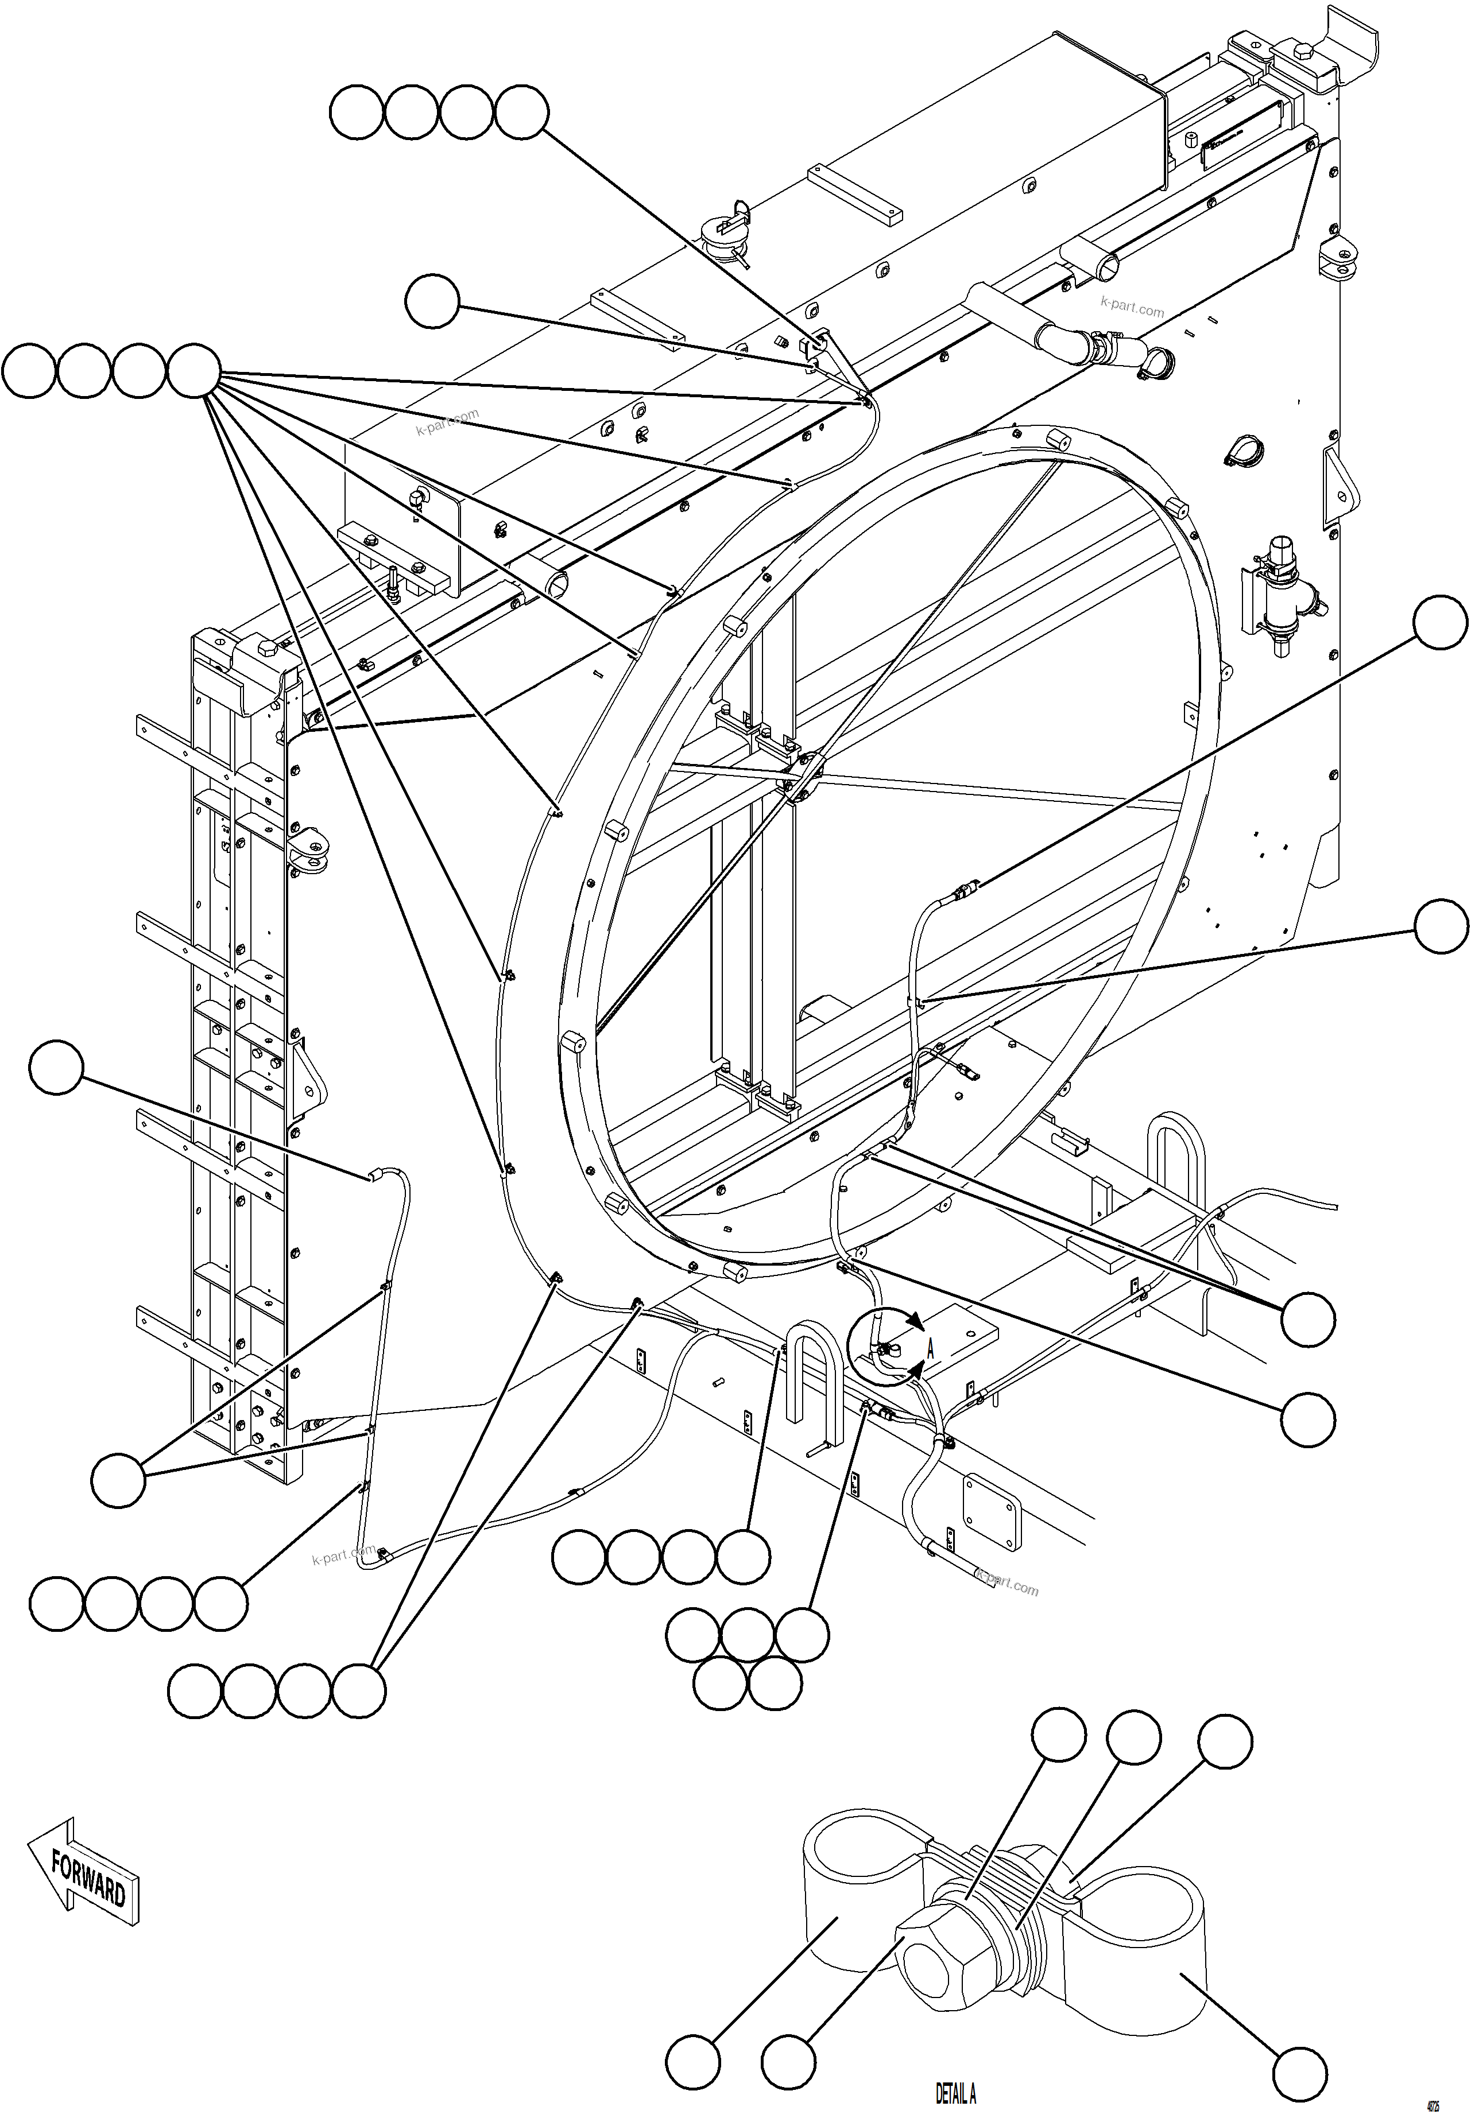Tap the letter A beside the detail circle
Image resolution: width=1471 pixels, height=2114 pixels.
tap(930, 1350)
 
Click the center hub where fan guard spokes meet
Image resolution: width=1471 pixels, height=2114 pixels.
tap(799, 771)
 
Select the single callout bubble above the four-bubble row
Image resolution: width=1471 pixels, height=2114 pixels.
tap(432, 301)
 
